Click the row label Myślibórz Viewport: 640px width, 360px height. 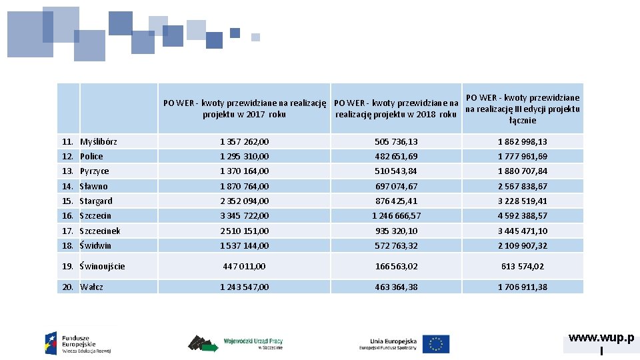click(x=99, y=141)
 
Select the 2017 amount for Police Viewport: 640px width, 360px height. click(x=244, y=156)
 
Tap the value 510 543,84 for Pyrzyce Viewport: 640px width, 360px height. click(x=396, y=171)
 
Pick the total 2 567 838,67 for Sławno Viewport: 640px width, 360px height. click(x=523, y=186)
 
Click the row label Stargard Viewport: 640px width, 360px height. click(x=96, y=201)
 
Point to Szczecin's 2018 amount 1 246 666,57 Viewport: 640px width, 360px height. click(x=396, y=215)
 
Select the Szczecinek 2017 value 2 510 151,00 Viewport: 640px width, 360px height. click(x=244, y=231)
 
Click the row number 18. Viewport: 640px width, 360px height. click(x=67, y=245)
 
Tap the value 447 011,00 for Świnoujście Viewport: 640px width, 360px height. click(x=244, y=266)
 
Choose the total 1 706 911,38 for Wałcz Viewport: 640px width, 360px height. click(x=523, y=287)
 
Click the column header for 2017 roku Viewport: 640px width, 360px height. click(x=245, y=109)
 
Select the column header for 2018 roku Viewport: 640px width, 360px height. click(x=396, y=109)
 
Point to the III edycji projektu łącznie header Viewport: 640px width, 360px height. click(x=523, y=109)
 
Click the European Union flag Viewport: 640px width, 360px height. click(x=436, y=344)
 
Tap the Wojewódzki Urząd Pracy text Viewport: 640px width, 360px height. click(x=253, y=341)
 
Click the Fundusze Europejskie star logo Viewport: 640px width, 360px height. click(x=51, y=343)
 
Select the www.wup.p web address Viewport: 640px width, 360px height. click(x=601, y=337)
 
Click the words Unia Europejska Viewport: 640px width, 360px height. click(x=393, y=341)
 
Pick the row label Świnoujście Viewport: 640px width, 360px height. click(x=102, y=267)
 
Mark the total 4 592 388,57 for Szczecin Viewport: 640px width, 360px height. click(x=523, y=215)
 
